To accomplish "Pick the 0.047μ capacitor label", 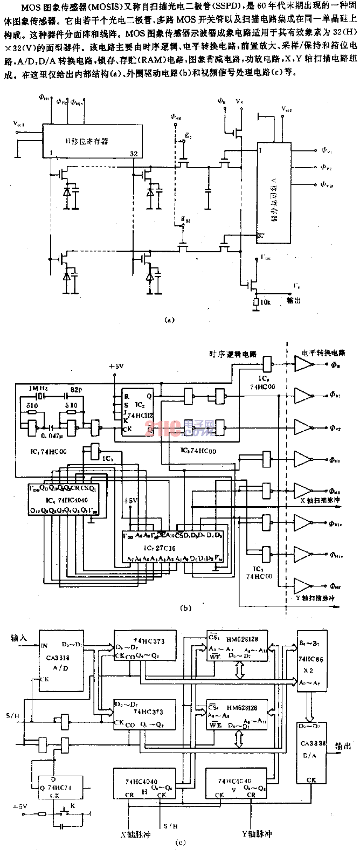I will [x=50, y=425].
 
